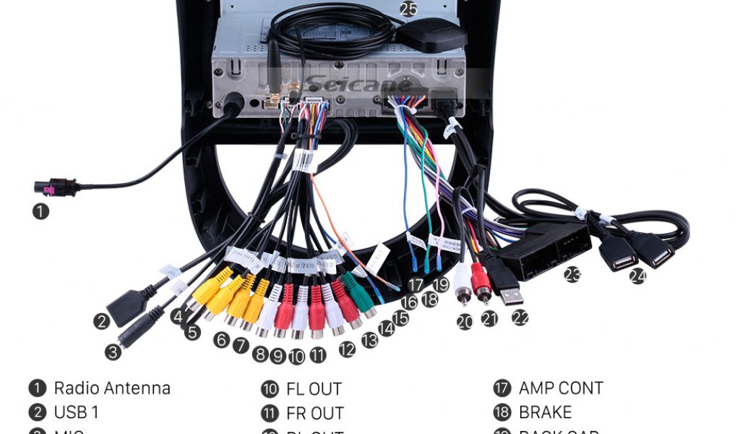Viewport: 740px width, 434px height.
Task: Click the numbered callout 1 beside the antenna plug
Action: coord(41,212)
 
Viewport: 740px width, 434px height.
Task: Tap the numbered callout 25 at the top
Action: coord(409,9)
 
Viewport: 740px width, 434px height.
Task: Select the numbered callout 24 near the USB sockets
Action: coord(637,276)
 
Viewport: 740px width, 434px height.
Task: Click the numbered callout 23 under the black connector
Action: coord(572,275)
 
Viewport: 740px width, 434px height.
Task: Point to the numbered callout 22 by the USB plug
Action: coord(520,317)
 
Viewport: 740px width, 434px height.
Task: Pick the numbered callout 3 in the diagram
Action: coord(113,352)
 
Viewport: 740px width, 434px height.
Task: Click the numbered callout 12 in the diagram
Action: coord(347,349)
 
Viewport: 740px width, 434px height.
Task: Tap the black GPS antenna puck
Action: coord(433,35)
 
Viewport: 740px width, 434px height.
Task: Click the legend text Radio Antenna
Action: coord(112,388)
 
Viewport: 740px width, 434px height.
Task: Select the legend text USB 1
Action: coord(76,413)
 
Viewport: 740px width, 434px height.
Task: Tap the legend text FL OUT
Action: coord(314,389)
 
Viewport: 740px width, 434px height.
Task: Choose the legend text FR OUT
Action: coord(314,414)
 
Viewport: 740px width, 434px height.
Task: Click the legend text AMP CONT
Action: coord(561,388)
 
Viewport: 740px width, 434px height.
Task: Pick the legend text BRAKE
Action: coord(545,413)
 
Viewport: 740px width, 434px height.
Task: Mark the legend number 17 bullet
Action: coord(502,388)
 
